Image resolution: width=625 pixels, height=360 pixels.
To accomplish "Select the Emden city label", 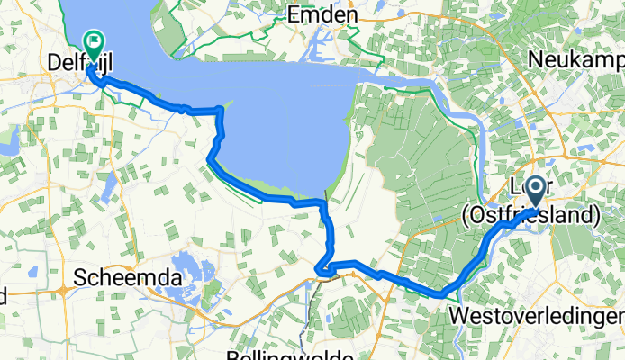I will pyautogui.click(x=322, y=15).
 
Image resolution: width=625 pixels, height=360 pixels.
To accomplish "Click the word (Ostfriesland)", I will pyautogui.click(x=531, y=216).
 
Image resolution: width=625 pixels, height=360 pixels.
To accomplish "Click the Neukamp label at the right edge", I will pyautogui.click(x=577, y=58).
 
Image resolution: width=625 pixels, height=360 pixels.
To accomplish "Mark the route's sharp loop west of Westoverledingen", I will pyautogui.click(x=324, y=268).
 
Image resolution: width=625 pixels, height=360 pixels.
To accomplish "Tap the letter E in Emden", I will pyautogui.click(x=293, y=15).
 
